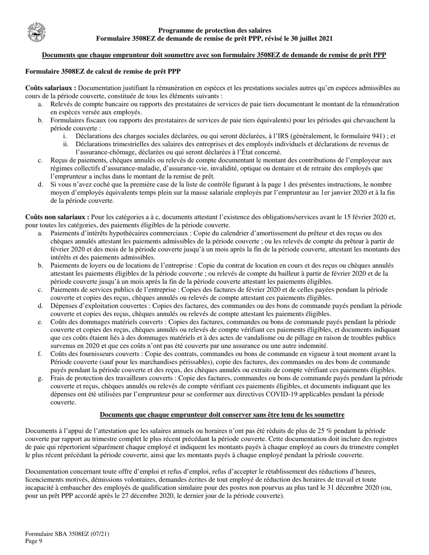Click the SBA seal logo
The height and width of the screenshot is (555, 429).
(36, 32)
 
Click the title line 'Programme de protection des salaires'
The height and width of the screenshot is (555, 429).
(214, 30)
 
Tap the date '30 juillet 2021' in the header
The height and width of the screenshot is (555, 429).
(311, 39)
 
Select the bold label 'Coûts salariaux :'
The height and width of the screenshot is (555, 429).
(51, 88)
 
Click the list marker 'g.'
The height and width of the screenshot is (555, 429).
(41, 378)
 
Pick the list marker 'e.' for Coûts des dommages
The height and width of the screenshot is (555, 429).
(41, 322)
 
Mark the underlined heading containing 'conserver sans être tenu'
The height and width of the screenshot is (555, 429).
(222, 415)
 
